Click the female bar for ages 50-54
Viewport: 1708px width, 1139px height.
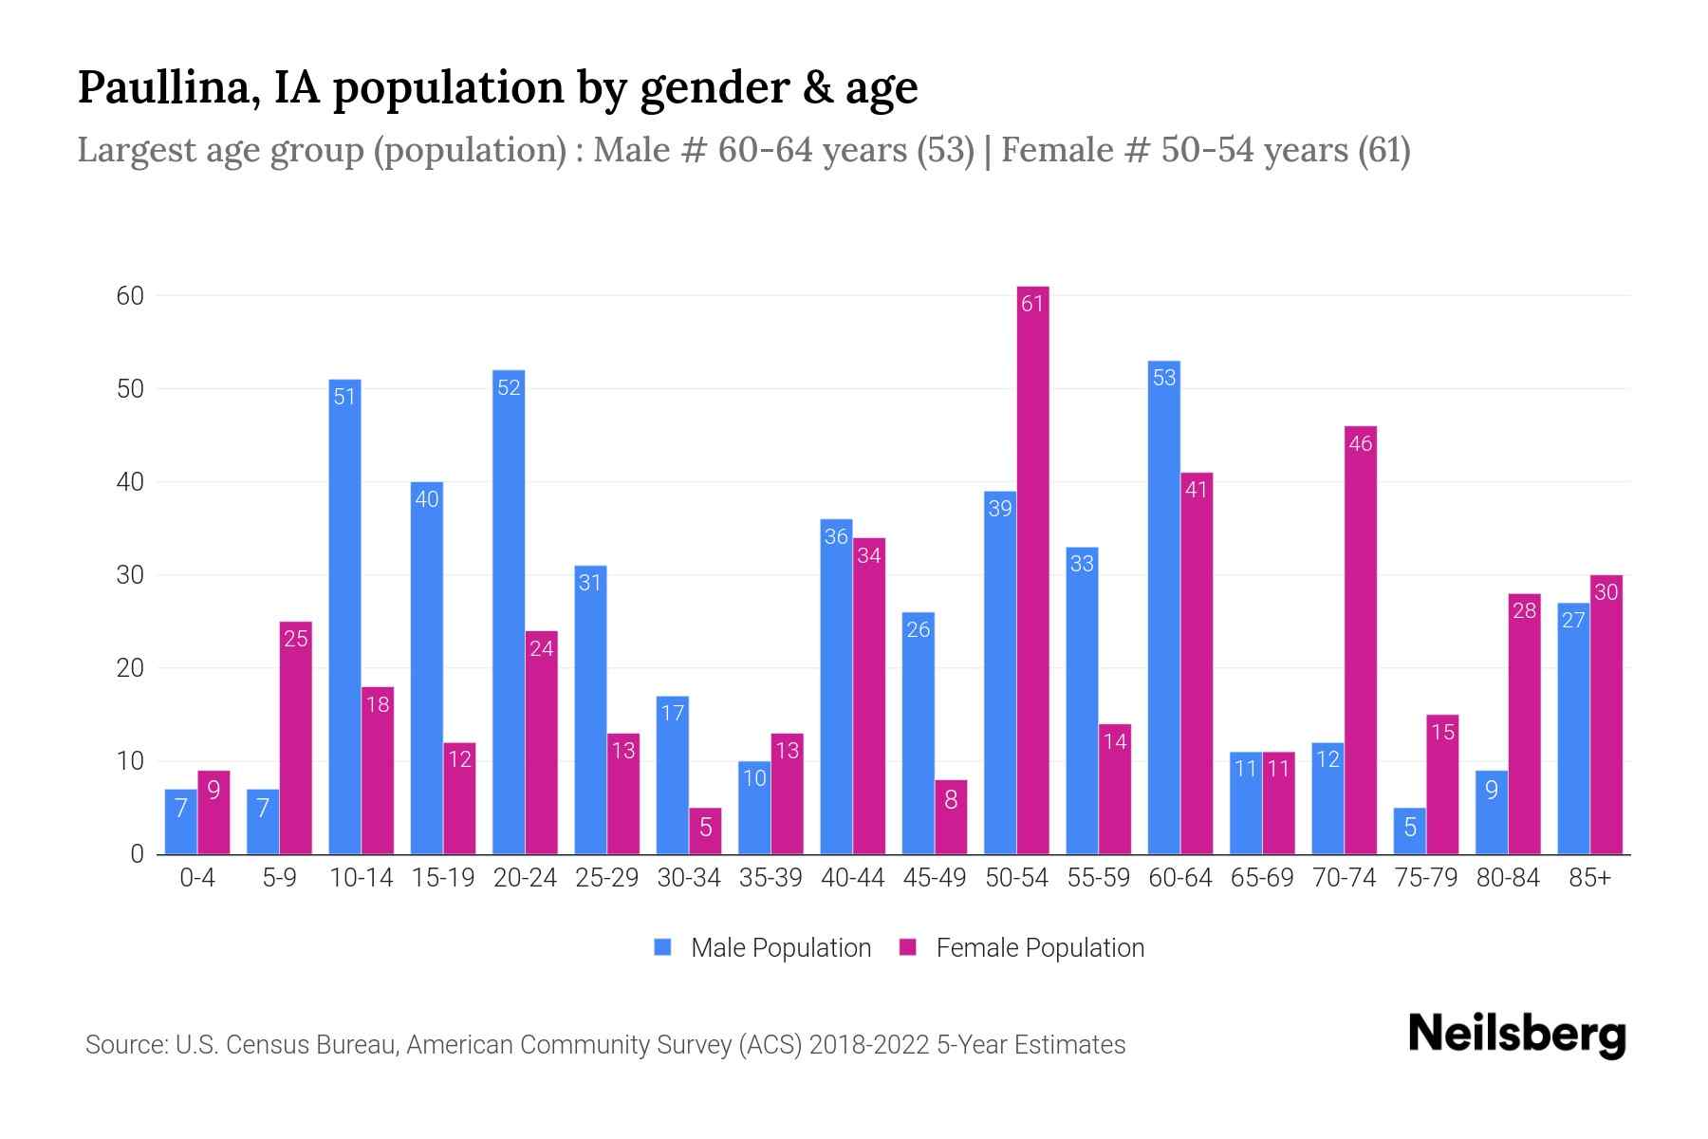(x=1032, y=569)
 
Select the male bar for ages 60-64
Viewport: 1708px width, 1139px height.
(x=1163, y=607)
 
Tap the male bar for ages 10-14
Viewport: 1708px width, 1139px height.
(x=344, y=617)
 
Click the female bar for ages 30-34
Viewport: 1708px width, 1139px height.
(x=705, y=831)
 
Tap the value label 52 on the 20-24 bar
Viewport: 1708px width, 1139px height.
(x=509, y=387)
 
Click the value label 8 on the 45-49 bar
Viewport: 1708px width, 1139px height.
(x=951, y=799)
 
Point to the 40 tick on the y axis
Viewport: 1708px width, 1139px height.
(x=130, y=482)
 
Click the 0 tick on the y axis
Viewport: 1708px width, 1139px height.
(x=137, y=854)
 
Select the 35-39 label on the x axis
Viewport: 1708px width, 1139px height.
(x=770, y=878)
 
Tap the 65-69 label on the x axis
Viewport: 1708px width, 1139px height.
(x=1261, y=878)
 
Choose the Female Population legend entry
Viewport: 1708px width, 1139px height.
(x=1023, y=947)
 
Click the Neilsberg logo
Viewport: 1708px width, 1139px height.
(x=1516, y=1034)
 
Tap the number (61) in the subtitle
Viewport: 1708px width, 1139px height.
(x=1383, y=150)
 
